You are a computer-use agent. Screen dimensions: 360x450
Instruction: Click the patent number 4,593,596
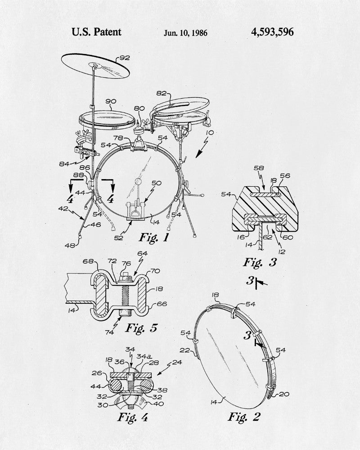(272, 32)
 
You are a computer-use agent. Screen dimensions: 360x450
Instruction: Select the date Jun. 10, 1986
(185, 33)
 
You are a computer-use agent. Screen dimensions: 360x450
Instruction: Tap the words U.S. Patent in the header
(96, 32)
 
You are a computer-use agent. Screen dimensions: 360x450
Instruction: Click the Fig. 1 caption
(154, 237)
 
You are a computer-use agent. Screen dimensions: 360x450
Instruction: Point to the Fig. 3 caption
(260, 262)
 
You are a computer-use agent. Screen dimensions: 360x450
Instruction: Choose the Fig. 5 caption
(142, 328)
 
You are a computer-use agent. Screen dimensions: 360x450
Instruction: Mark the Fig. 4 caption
(133, 417)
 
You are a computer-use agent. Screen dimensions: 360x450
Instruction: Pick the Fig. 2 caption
(244, 416)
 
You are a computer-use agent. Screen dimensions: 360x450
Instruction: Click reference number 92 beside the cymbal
(125, 58)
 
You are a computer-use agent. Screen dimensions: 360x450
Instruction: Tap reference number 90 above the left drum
(111, 101)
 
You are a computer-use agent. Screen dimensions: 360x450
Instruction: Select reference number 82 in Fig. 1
(162, 93)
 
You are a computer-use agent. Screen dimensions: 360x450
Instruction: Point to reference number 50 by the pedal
(157, 183)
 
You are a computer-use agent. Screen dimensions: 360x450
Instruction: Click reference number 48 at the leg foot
(70, 245)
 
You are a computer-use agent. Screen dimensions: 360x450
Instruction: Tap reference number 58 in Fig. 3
(259, 168)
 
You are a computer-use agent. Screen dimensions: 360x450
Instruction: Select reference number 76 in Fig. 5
(126, 263)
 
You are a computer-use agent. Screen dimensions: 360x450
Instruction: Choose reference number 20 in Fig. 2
(284, 394)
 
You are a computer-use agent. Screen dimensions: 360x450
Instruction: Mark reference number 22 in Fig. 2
(185, 350)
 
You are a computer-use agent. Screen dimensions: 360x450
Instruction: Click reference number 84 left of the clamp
(64, 164)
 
